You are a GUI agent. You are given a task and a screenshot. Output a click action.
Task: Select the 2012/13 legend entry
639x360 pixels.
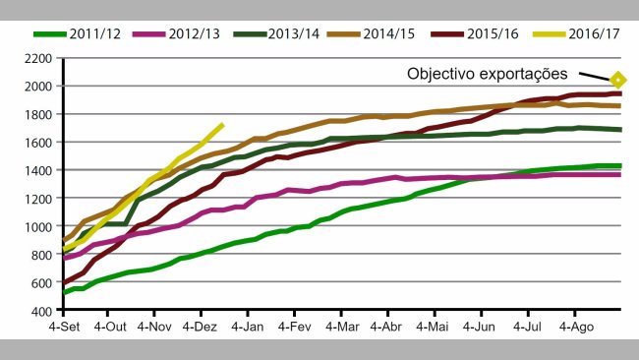pos(186,33)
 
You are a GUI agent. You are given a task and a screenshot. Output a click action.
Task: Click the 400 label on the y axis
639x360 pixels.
pos(44,312)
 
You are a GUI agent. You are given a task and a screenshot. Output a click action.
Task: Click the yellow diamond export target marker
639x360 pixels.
pos(618,80)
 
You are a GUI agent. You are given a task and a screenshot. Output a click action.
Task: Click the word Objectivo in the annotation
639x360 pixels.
pos(446,74)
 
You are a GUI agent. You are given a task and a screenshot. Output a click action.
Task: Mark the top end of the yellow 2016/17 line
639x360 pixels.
pos(223,124)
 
